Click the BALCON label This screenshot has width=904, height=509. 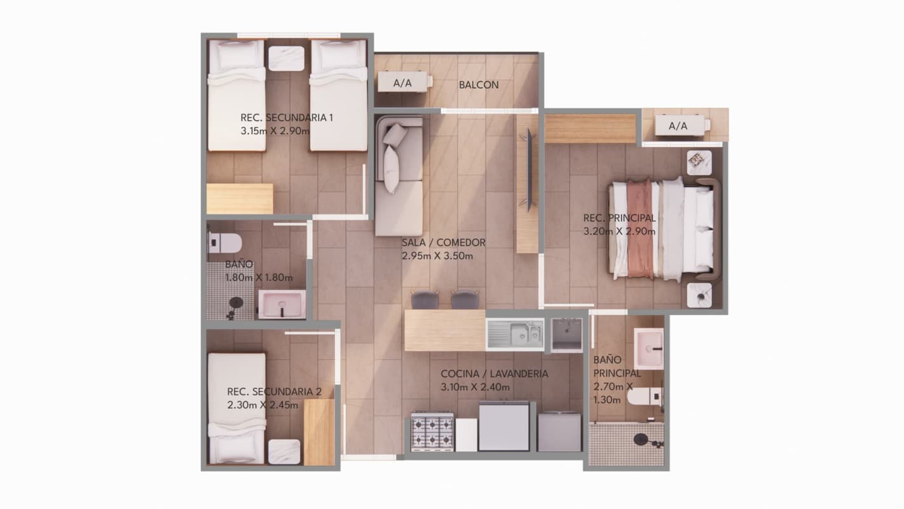click(479, 85)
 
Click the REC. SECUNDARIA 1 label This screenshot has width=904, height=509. click(287, 118)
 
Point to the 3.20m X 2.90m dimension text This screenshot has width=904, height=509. click(619, 232)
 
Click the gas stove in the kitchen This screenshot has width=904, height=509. click(432, 432)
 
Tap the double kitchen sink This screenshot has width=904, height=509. click(515, 334)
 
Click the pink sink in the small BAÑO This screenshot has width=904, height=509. click(281, 304)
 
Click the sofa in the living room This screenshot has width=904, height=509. click(399, 175)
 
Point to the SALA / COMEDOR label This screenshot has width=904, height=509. click(443, 242)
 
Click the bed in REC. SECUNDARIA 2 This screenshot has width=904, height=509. click(236, 407)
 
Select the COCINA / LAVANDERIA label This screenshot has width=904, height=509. click(494, 374)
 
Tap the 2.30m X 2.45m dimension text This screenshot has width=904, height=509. click(263, 405)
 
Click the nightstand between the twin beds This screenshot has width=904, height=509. click(286, 57)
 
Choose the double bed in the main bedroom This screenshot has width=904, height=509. click(661, 229)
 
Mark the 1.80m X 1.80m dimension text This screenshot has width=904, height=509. click(259, 277)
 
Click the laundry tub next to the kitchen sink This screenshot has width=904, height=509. click(566, 334)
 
